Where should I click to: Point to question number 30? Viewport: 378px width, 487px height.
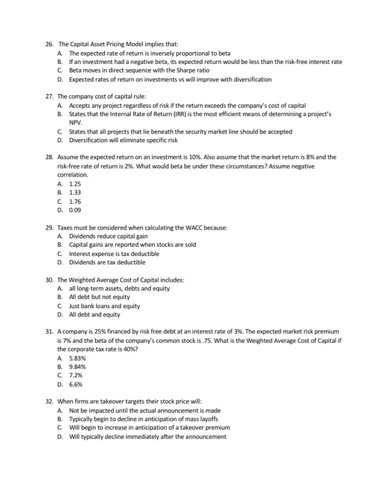[49, 278]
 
